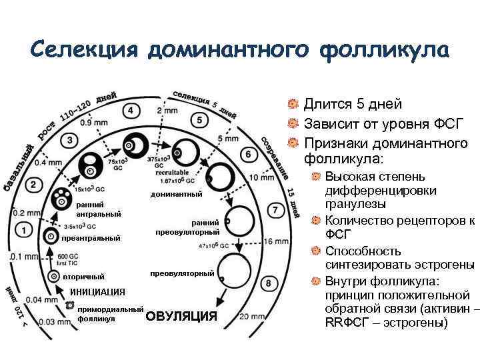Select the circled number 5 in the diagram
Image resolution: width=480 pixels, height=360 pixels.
click(x=198, y=120)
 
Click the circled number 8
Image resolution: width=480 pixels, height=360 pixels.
click(x=268, y=284)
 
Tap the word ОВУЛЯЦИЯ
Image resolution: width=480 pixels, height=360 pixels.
click(x=181, y=316)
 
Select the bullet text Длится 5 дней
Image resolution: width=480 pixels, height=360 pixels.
click(x=352, y=103)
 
